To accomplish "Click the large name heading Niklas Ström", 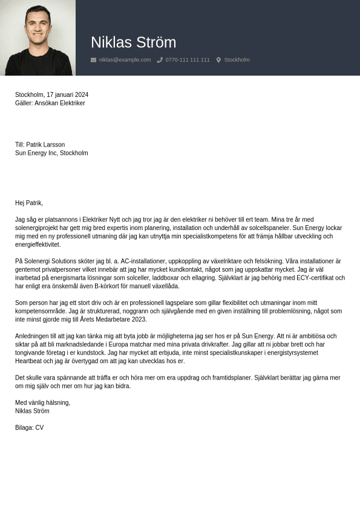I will click(x=133, y=42).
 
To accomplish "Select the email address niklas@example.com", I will click(x=125, y=60).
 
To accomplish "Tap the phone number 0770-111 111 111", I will click(x=188, y=60).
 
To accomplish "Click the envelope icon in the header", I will click(x=93, y=60).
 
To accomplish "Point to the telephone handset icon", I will click(x=160, y=60).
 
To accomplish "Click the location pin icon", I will click(x=218, y=60).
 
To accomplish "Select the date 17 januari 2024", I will click(x=67, y=95).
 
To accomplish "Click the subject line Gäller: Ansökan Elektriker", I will click(x=50, y=103).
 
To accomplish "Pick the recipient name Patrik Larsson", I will click(x=45, y=145).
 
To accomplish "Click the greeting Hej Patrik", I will click(x=29, y=203).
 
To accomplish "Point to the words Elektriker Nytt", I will click(x=102, y=220).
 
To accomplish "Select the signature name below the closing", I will click(x=32, y=411).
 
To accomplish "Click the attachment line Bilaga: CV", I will click(x=29, y=428).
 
